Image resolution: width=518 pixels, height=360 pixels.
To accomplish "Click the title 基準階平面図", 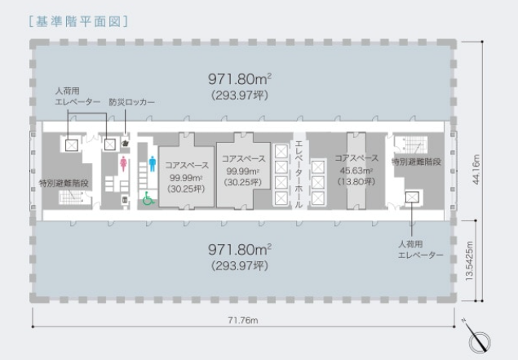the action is tap(78, 21).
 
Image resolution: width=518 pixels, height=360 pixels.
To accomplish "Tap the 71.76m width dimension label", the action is tap(243, 320).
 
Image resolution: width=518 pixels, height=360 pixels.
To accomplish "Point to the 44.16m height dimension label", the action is tap(476, 169).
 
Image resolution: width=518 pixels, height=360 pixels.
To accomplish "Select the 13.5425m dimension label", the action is tap(469, 261).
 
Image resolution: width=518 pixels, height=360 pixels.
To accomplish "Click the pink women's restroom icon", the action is tap(123, 164).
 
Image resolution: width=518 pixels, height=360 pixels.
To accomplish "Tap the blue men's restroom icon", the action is tap(153, 164).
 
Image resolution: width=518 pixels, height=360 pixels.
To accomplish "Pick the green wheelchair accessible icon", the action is tap(148, 198).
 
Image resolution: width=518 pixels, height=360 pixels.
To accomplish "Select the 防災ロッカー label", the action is tap(132, 102).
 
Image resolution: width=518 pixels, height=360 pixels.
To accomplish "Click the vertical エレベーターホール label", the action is tap(299, 174).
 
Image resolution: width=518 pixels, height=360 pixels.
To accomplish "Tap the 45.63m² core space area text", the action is tap(356, 171).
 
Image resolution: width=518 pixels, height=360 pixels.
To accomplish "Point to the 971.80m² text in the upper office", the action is tap(240, 79).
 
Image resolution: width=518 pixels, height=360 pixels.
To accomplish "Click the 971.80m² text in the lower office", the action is tap(240, 250).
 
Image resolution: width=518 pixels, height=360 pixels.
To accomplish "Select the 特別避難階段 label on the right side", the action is tap(416, 162).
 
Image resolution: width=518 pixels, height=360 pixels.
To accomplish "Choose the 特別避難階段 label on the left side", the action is tap(64, 183).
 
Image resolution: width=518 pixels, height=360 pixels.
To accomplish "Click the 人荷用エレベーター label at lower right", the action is tap(420, 250).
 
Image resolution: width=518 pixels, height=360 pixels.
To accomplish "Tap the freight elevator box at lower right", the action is tap(412, 197).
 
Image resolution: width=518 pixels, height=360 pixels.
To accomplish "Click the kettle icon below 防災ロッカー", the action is tap(125, 143).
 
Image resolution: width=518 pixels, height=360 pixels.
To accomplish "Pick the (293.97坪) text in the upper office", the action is tap(240, 96).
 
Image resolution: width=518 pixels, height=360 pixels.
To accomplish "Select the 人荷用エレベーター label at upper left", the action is tap(77, 96).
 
